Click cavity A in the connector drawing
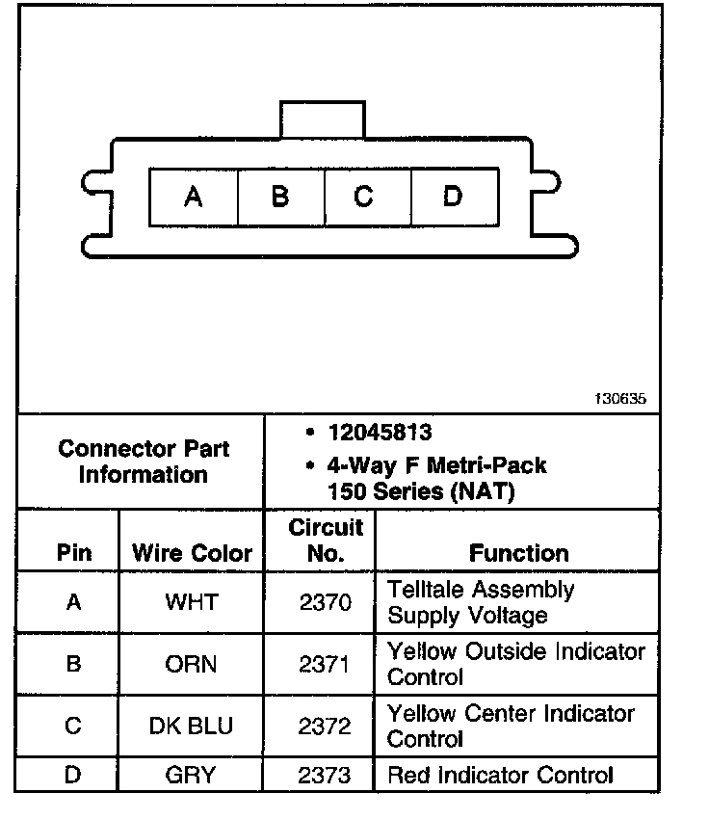click(194, 198)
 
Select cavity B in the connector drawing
click(280, 198)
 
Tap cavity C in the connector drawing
click(364, 198)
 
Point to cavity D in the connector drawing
click(452, 198)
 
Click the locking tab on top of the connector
click(323, 119)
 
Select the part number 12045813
click(380, 434)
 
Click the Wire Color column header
click(192, 553)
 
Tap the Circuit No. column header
click(326, 541)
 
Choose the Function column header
click(518, 553)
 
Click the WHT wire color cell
click(192, 602)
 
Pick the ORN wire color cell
click(192, 665)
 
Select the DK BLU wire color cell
click(192, 727)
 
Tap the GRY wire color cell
click(192, 775)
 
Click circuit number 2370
click(325, 602)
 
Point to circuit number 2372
click(325, 727)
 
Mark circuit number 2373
click(325, 775)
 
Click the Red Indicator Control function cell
click(500, 775)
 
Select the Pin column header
click(74, 553)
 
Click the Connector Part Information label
click(144, 462)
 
